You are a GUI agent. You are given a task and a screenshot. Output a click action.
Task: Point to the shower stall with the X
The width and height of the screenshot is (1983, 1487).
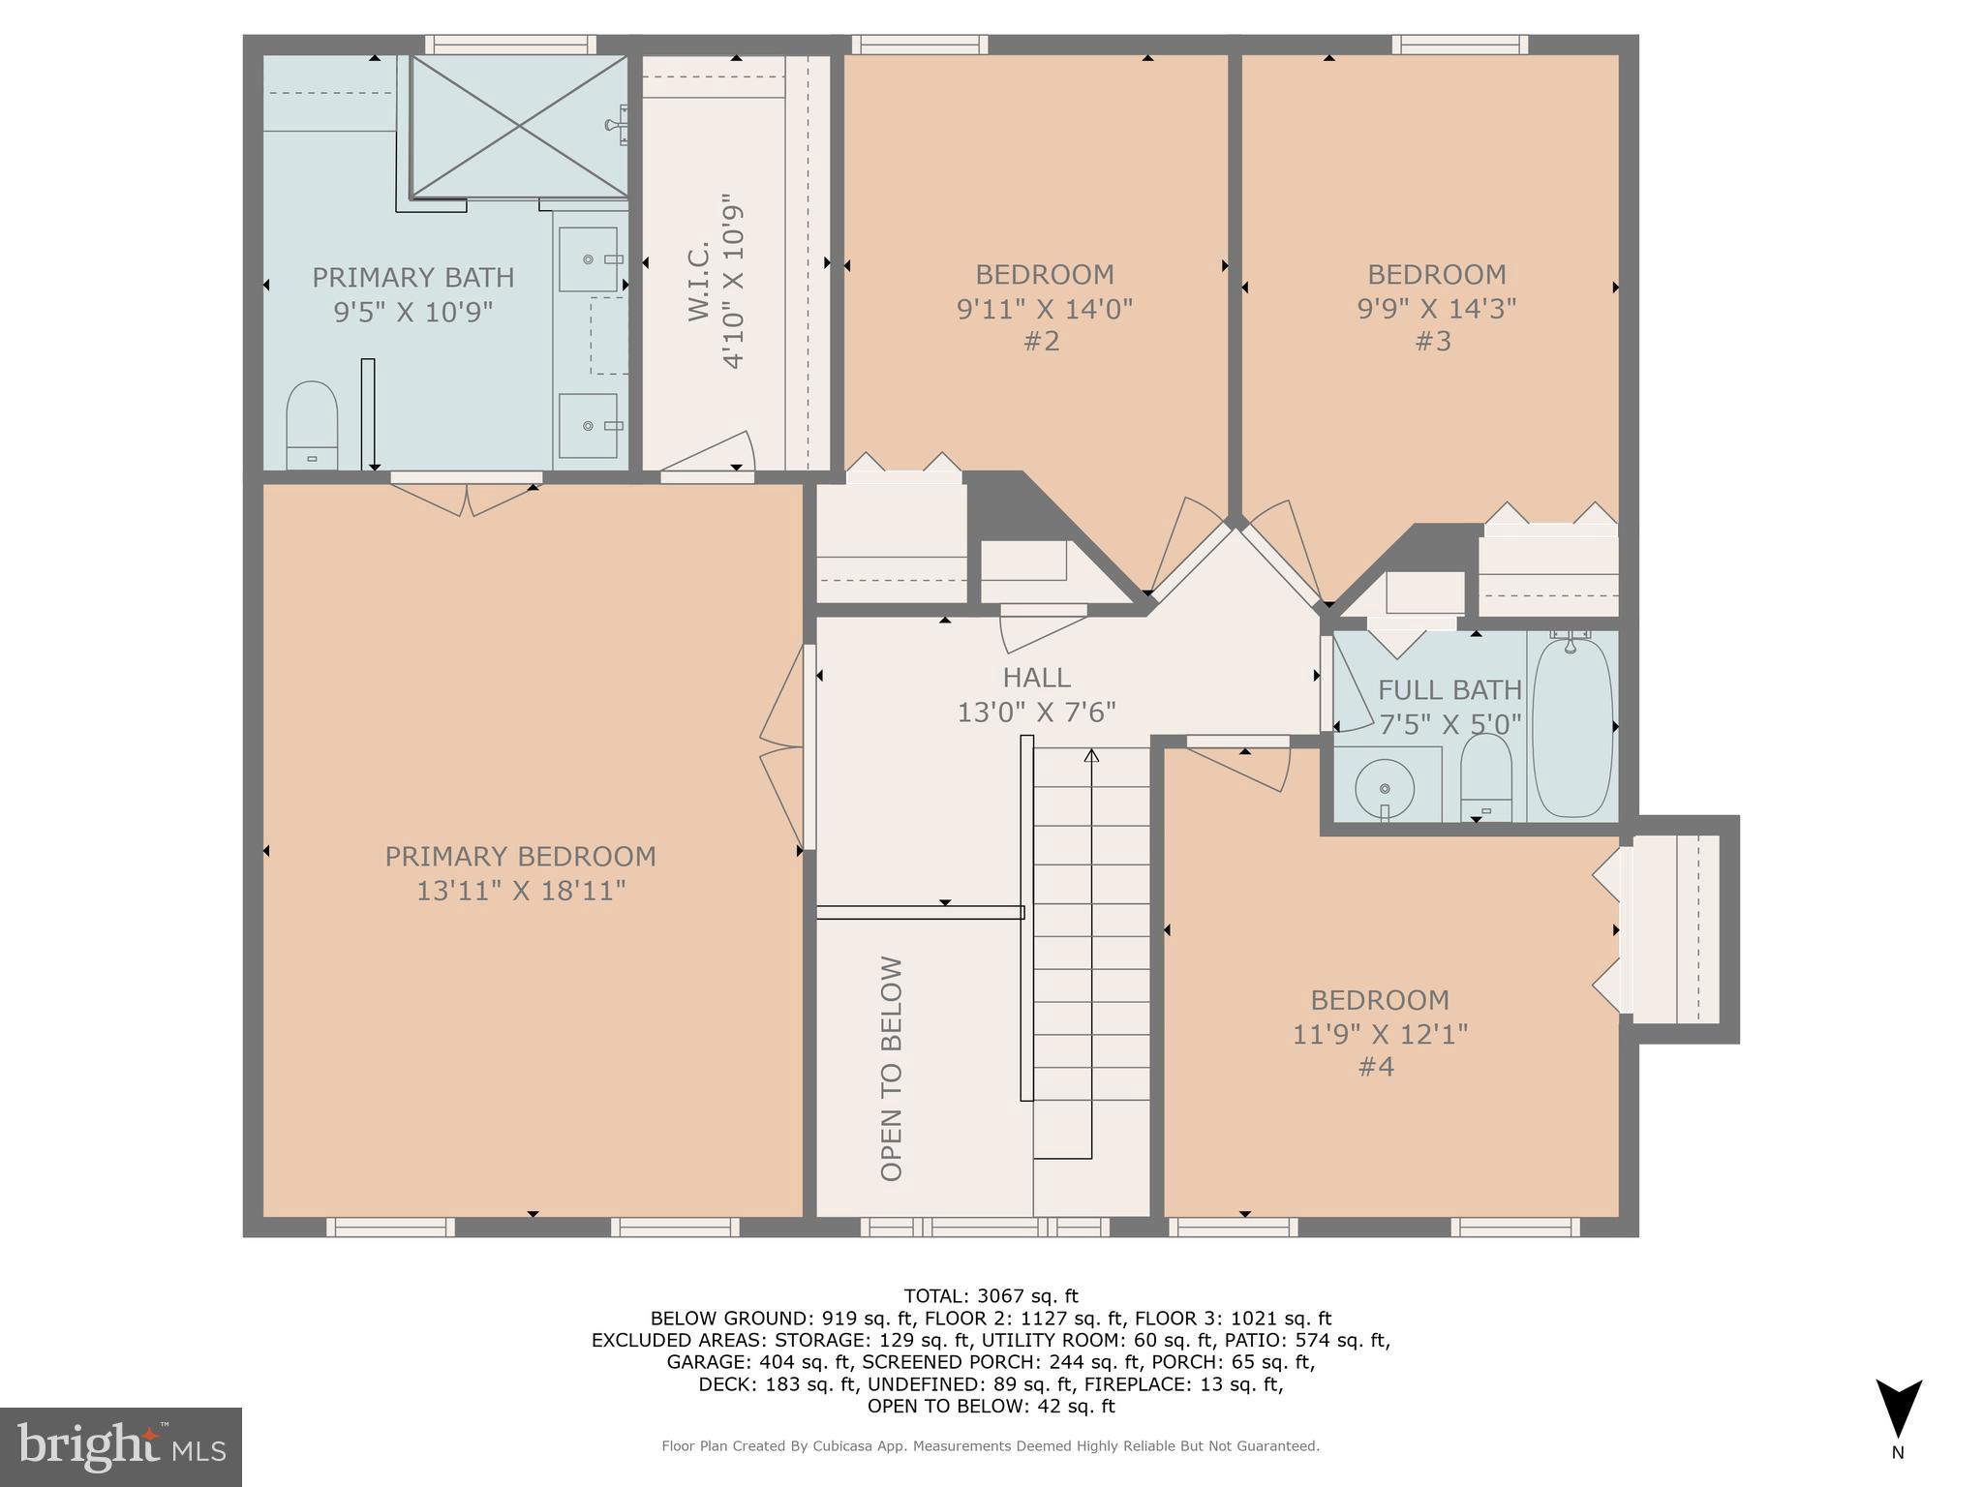pyautogui.click(x=520, y=126)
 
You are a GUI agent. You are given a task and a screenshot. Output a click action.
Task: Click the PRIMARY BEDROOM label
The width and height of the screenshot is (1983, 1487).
pyautogui.click(x=520, y=857)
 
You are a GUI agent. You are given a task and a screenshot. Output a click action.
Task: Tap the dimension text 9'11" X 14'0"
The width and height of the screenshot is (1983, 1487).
pyautogui.click(x=1044, y=309)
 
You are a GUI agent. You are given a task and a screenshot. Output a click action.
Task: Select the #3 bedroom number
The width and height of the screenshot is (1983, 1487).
pyautogui.click(x=1433, y=342)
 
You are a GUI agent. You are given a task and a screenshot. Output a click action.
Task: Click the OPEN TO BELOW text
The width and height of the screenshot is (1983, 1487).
pyautogui.click(x=892, y=1069)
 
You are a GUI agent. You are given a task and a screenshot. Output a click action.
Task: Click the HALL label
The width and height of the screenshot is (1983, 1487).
pyautogui.click(x=1036, y=678)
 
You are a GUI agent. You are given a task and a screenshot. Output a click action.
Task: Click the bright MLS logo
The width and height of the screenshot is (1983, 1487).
pyautogui.click(x=120, y=1446)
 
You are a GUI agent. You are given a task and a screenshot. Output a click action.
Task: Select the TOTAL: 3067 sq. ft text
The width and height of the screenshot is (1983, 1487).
pyautogui.click(x=991, y=1296)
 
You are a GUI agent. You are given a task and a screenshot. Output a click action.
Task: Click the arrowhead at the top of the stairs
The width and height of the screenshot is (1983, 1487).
pyautogui.click(x=1091, y=755)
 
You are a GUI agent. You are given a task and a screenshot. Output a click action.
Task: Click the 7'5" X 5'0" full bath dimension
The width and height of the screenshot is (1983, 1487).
pyautogui.click(x=1449, y=724)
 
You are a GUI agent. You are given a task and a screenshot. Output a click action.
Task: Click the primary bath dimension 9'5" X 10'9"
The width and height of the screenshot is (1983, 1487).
pyautogui.click(x=413, y=312)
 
